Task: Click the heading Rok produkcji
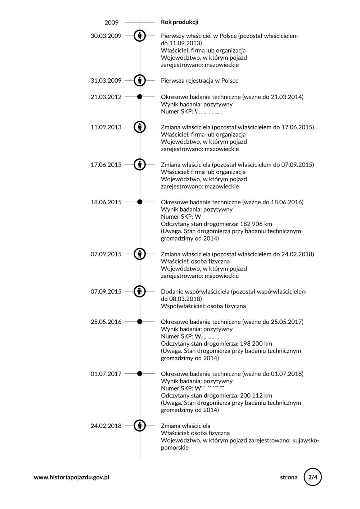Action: pos(179,22)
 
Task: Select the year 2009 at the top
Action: pos(112,23)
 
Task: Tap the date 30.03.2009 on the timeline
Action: pos(106,36)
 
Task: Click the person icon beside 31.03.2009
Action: pos(140,81)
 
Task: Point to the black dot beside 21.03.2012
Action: pos(140,97)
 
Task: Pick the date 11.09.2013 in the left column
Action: pos(106,127)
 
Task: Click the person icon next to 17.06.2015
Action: pos(140,164)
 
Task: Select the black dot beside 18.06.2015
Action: pos(140,202)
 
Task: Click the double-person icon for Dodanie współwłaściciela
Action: pos(140,291)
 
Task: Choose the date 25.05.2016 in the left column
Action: pos(106,322)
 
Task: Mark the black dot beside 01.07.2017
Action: pos(140,374)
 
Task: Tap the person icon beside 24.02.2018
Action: pos(140,426)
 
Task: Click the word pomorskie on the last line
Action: pos(175,447)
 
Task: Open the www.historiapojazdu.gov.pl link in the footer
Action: pos(72,477)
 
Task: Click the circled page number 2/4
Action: pos(312,477)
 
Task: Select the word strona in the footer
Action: pos(289,477)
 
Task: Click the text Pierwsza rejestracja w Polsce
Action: pos(199,81)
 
